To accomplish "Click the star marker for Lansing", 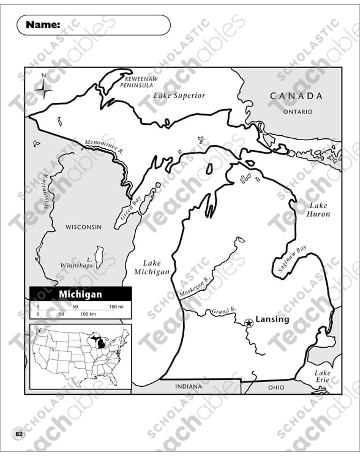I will tap(249, 323).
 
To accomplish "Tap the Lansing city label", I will tap(272, 320).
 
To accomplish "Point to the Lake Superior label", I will tap(179, 95).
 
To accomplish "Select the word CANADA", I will tap(296, 96).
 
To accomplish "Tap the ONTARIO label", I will tap(298, 112).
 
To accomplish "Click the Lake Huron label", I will tap(318, 210).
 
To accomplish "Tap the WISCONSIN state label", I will tap(83, 227).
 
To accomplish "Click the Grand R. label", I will tap(219, 311).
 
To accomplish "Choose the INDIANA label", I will tap(188, 386).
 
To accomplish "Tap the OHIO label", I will tap(276, 387).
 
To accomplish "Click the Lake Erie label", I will tap(322, 376).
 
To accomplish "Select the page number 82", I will tap(19, 434).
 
